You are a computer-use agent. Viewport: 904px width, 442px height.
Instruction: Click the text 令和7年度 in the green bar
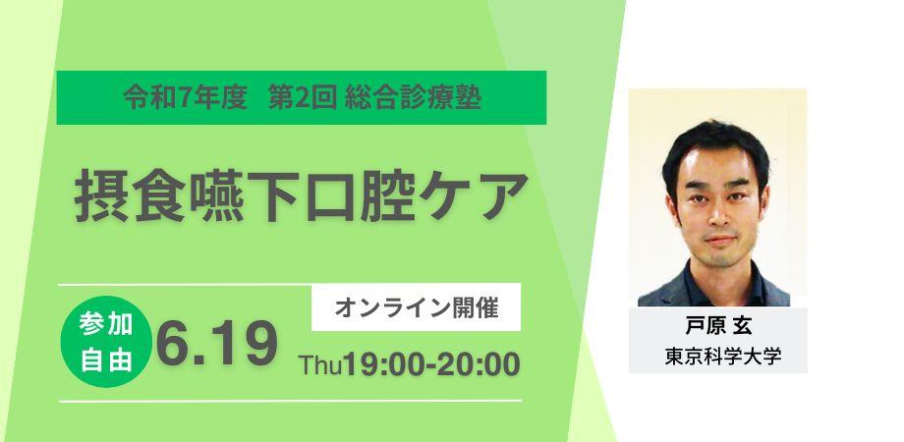pos(185,97)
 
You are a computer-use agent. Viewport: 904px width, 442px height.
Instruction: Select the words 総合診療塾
pos(414,97)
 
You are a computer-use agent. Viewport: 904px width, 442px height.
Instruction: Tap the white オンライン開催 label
pos(416,308)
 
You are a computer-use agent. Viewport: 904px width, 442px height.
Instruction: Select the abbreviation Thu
pos(319,365)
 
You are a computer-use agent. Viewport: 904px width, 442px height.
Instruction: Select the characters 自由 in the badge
pos(106,359)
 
